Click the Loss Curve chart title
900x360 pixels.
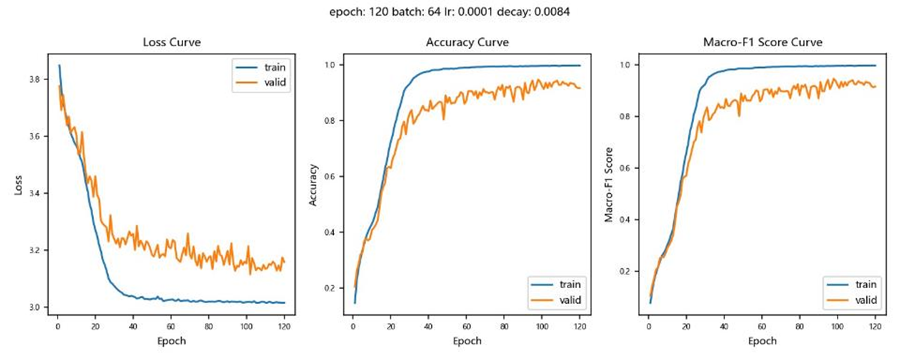[x=171, y=43]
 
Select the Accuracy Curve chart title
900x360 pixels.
[x=467, y=43]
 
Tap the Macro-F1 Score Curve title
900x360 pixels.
[x=762, y=43]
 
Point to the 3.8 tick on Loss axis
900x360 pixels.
[x=38, y=79]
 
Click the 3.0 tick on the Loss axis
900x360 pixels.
[x=38, y=307]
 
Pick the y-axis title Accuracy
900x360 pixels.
[x=313, y=185]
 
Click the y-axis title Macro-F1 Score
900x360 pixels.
[x=608, y=185]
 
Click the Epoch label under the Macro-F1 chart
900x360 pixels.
[x=762, y=341]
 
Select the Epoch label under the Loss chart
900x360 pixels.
[x=171, y=341]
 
